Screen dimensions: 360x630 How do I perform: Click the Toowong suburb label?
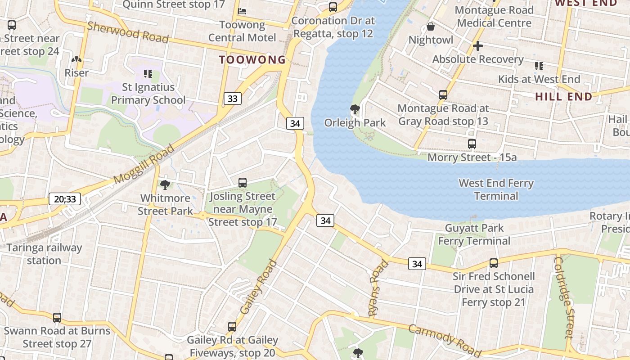pyautogui.click(x=252, y=59)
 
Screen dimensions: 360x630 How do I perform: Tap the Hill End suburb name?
pyautogui.click(x=563, y=96)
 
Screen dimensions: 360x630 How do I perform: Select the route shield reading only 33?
pyautogui.click(x=232, y=98)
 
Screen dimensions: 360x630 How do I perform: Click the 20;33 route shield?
pyautogui.click(x=65, y=198)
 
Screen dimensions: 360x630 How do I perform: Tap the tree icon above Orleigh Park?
pyautogui.click(x=355, y=109)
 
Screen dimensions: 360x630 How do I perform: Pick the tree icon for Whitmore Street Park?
pyautogui.click(x=165, y=184)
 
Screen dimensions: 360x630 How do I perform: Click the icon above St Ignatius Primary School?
pyautogui.click(x=148, y=73)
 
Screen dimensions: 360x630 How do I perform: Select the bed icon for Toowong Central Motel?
pyautogui.click(x=243, y=11)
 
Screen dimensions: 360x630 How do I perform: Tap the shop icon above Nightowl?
pyautogui.click(x=431, y=27)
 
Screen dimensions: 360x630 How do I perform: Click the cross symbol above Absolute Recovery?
pyautogui.click(x=478, y=45)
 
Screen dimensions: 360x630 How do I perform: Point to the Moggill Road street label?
pyautogui.click(x=144, y=164)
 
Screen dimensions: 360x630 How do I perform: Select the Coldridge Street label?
pyautogui.click(x=564, y=297)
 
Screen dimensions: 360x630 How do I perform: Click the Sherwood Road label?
pyautogui.click(x=128, y=32)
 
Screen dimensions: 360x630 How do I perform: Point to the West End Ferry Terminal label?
pyautogui.click(x=496, y=189)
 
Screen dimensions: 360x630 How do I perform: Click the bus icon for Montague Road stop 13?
pyautogui.click(x=443, y=95)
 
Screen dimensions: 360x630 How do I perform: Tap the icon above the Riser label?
pyautogui.click(x=76, y=59)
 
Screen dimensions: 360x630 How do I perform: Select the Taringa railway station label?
pyautogui.click(x=44, y=254)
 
